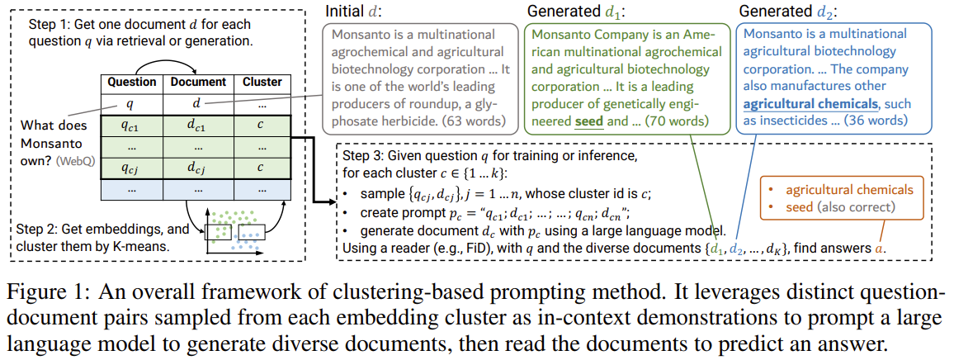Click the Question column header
pos(132,82)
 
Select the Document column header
pos(198,82)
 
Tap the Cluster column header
pos(262,82)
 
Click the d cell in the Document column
pos(198,104)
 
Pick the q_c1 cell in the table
pos(132,126)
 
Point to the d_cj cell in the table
pos(198,169)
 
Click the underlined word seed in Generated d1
pos(588,121)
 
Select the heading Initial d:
pos(357,12)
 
